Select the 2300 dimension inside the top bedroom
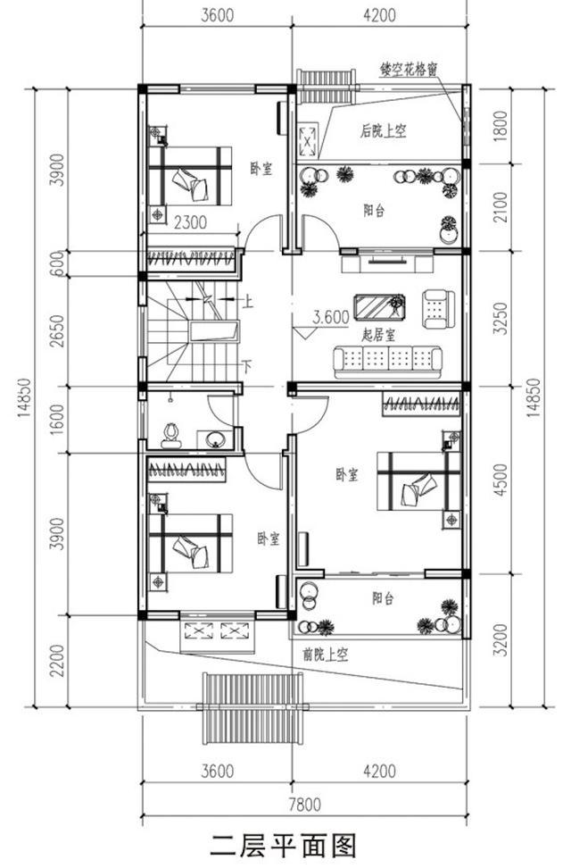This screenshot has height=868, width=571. [x=190, y=222]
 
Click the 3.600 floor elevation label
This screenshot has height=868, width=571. [x=331, y=317]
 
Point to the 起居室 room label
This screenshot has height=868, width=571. [x=379, y=334]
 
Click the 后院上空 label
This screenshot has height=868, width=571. [x=384, y=131]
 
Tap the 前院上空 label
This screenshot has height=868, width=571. [x=326, y=655]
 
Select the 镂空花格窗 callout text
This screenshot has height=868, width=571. [x=409, y=69]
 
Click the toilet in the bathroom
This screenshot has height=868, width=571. [x=171, y=436]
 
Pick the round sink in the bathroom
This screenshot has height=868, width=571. [x=215, y=439]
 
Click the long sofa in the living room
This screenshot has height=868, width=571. [x=387, y=362]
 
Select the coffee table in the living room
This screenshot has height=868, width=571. [x=379, y=307]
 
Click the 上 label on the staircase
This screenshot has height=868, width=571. [x=248, y=302]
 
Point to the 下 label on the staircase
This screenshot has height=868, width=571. [x=247, y=365]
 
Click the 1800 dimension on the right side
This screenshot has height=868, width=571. [x=501, y=126]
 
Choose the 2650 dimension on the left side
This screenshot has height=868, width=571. [x=57, y=331]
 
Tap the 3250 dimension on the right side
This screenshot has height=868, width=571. [x=501, y=318]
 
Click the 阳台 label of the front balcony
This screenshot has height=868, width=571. [x=383, y=598]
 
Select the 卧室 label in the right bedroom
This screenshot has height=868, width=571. [x=347, y=474]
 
